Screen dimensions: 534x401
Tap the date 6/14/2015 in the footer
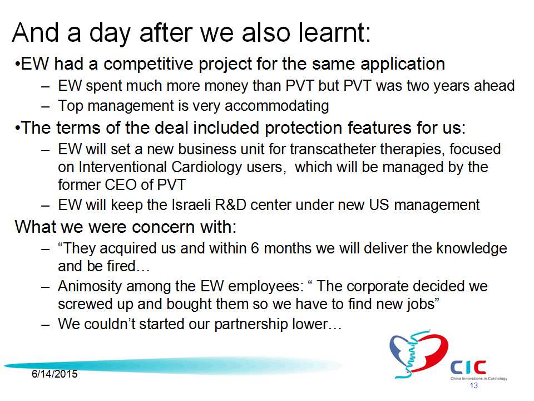tap(55, 374)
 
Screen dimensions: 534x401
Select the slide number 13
tap(474, 385)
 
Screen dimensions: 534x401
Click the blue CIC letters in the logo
tap(468, 367)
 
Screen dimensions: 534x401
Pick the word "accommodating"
tap(277, 106)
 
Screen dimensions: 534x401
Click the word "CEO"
tap(121, 185)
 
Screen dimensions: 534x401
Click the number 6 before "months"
tap(255, 248)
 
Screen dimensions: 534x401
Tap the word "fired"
tap(122, 266)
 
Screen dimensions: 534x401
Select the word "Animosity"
tap(90, 286)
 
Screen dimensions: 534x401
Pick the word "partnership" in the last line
tap(251, 324)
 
